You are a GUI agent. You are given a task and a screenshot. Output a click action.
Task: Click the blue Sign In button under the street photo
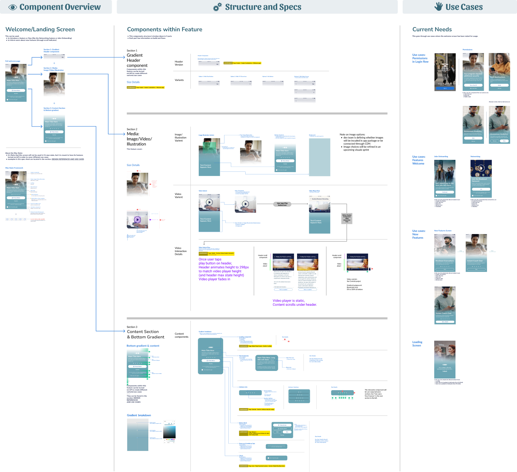click(445, 88)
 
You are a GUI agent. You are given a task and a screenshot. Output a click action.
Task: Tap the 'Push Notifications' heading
click(497, 77)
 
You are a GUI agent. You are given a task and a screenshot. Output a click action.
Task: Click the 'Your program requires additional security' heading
click(473, 75)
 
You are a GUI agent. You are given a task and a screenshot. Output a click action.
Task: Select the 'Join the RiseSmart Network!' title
click(480, 180)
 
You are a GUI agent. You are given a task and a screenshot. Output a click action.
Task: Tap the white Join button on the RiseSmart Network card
click(481, 189)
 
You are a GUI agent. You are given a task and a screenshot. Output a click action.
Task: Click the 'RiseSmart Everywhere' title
click(444, 261)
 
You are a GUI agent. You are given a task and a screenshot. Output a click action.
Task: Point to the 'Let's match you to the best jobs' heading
click(444, 184)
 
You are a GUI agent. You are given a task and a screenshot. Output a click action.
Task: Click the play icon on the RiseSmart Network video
click(481, 168)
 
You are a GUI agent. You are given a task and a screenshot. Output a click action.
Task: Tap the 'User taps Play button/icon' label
click(282, 204)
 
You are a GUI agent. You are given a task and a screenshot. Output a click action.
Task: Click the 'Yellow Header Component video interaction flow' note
click(347, 218)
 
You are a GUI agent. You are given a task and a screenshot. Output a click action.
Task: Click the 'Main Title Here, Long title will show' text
click(266, 359)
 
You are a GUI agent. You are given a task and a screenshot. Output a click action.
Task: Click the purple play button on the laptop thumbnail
click(137, 220)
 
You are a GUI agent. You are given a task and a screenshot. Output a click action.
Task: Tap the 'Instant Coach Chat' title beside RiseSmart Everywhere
click(475, 261)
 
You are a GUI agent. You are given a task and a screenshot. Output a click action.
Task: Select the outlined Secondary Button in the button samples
click(283, 429)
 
